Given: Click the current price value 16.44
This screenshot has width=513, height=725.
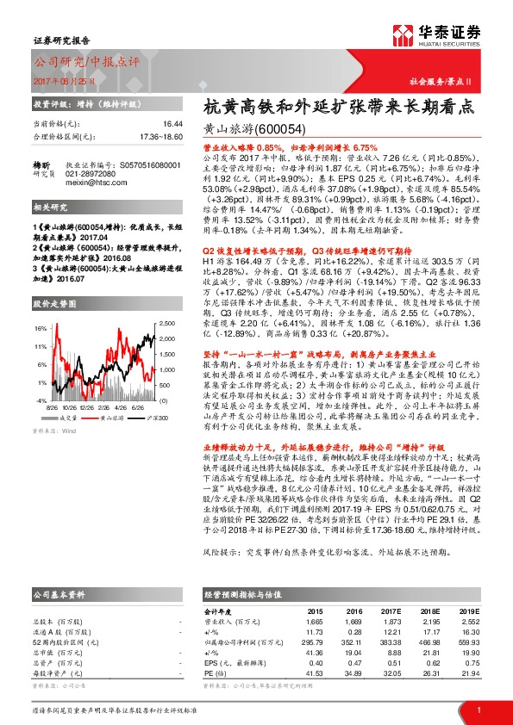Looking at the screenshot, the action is click(172, 125).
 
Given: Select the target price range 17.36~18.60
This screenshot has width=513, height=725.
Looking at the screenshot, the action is click(160, 136).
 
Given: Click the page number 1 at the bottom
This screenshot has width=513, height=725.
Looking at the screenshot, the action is click(478, 709).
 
